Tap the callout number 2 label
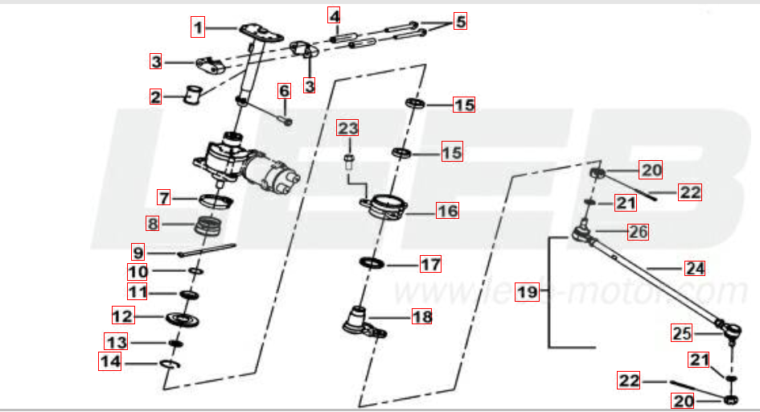click(x=156, y=97)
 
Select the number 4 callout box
click(x=335, y=15)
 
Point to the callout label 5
click(x=460, y=21)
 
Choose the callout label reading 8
click(x=153, y=222)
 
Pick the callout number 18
click(x=421, y=317)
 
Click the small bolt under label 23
click(x=348, y=161)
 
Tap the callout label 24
click(x=694, y=268)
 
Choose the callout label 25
click(x=682, y=332)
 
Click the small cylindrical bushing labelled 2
click(x=192, y=94)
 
